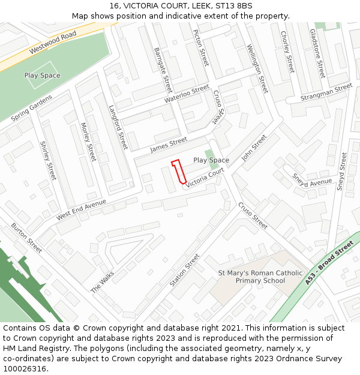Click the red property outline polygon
(178, 172)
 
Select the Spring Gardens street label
(32, 108)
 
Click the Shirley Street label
(47, 160)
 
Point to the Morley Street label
(88, 142)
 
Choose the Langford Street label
(118, 127)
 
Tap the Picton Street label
(200, 47)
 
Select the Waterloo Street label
(187, 94)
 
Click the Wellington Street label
(257, 68)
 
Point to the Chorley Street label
(288, 51)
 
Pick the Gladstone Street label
(317, 53)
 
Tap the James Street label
(169, 145)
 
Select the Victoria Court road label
(205, 178)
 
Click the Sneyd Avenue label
(312, 181)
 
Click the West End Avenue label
(81, 209)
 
